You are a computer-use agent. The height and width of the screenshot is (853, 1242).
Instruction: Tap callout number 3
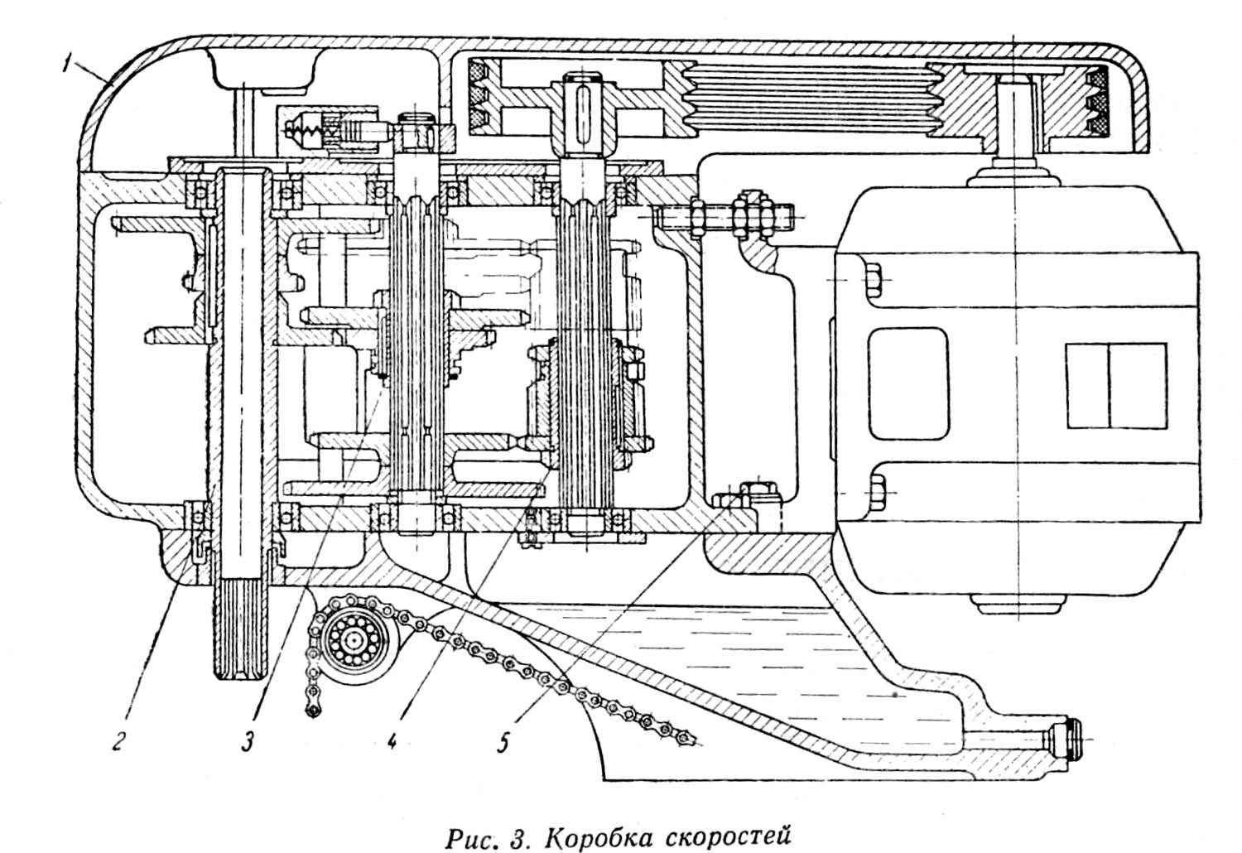click(248, 743)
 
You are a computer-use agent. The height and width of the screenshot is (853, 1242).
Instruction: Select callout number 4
click(391, 740)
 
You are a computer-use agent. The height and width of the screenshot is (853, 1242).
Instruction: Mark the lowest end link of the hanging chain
click(313, 710)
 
